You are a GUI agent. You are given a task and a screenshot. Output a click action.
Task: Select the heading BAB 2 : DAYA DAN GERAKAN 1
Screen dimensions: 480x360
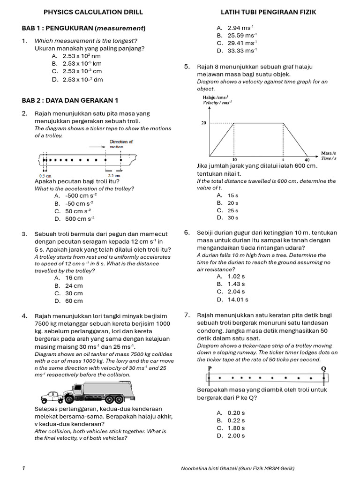tap(70, 100)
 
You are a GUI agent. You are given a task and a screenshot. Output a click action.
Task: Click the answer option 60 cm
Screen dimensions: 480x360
tap(74, 301)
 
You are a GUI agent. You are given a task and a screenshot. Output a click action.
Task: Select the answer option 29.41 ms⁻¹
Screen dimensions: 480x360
tap(242, 43)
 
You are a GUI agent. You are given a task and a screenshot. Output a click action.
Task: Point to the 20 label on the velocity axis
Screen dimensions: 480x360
tap(203, 123)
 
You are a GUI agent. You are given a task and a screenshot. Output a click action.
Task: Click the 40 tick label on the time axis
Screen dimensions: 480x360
tap(307, 160)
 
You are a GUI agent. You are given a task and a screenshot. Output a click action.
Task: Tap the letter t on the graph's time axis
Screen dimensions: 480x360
tap(283, 160)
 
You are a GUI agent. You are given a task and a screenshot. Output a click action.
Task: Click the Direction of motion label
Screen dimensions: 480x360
tap(121, 144)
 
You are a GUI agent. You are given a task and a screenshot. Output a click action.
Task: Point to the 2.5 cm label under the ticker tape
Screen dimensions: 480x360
tap(114, 176)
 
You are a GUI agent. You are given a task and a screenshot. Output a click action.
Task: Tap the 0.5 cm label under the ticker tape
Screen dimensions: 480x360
tap(45, 176)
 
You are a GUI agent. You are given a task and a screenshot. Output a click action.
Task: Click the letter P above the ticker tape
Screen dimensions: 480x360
tap(209, 368)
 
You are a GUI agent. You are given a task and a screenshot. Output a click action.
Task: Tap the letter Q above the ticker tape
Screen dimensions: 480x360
tap(323, 368)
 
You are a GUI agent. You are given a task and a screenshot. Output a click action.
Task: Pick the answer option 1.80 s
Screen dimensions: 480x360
tap(236, 428)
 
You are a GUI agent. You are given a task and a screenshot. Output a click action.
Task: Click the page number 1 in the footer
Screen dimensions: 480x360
tap(23, 468)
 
